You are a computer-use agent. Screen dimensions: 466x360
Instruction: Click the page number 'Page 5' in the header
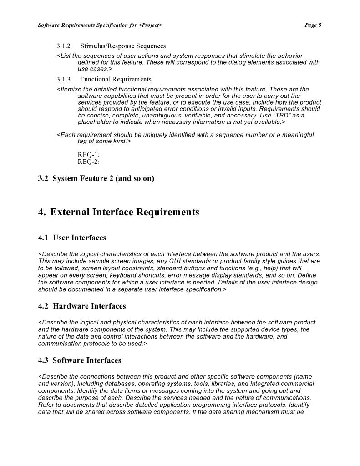(313, 25)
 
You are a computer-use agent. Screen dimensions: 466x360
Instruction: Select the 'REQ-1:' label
(89, 155)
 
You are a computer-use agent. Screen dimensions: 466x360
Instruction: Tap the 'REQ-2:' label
(89, 162)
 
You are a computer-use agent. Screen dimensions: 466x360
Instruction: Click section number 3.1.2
(64, 46)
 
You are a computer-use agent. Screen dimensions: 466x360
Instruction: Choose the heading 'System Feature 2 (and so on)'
(103, 178)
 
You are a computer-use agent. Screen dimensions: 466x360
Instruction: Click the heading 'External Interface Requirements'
(125, 213)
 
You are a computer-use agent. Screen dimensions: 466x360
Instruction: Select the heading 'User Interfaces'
(79, 238)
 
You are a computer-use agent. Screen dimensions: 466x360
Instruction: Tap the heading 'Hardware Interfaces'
(89, 306)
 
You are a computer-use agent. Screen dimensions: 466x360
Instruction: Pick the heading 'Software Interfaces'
(87, 360)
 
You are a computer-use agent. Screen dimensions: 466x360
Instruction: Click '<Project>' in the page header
(150, 25)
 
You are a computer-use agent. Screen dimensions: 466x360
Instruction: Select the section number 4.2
(43, 306)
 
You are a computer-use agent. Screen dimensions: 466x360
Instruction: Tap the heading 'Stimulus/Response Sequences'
(123, 46)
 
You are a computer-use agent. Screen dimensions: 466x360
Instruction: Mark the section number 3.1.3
(64, 79)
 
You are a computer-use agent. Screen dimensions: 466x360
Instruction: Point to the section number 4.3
(43, 360)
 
